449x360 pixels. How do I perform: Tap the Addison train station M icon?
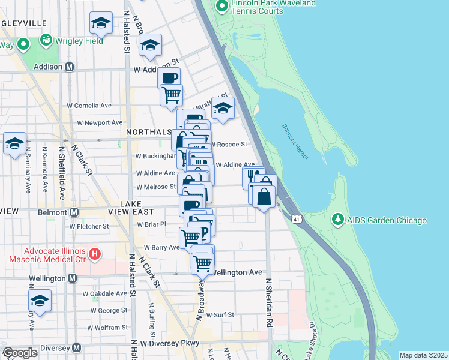tap(69, 67)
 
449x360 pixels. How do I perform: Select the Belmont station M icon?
tap(74, 212)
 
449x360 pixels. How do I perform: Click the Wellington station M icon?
tap(73, 278)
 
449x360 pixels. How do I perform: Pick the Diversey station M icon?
tap(76, 348)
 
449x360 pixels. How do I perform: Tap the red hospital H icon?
tap(94, 254)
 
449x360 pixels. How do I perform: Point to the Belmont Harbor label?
tap(295, 142)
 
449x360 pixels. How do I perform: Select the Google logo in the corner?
tap(19, 353)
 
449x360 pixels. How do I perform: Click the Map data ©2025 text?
tap(423, 355)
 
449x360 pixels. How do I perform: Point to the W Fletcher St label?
tap(89, 227)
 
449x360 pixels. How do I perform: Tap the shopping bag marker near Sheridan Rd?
tap(264, 196)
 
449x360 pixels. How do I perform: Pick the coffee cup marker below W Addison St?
tap(169, 77)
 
